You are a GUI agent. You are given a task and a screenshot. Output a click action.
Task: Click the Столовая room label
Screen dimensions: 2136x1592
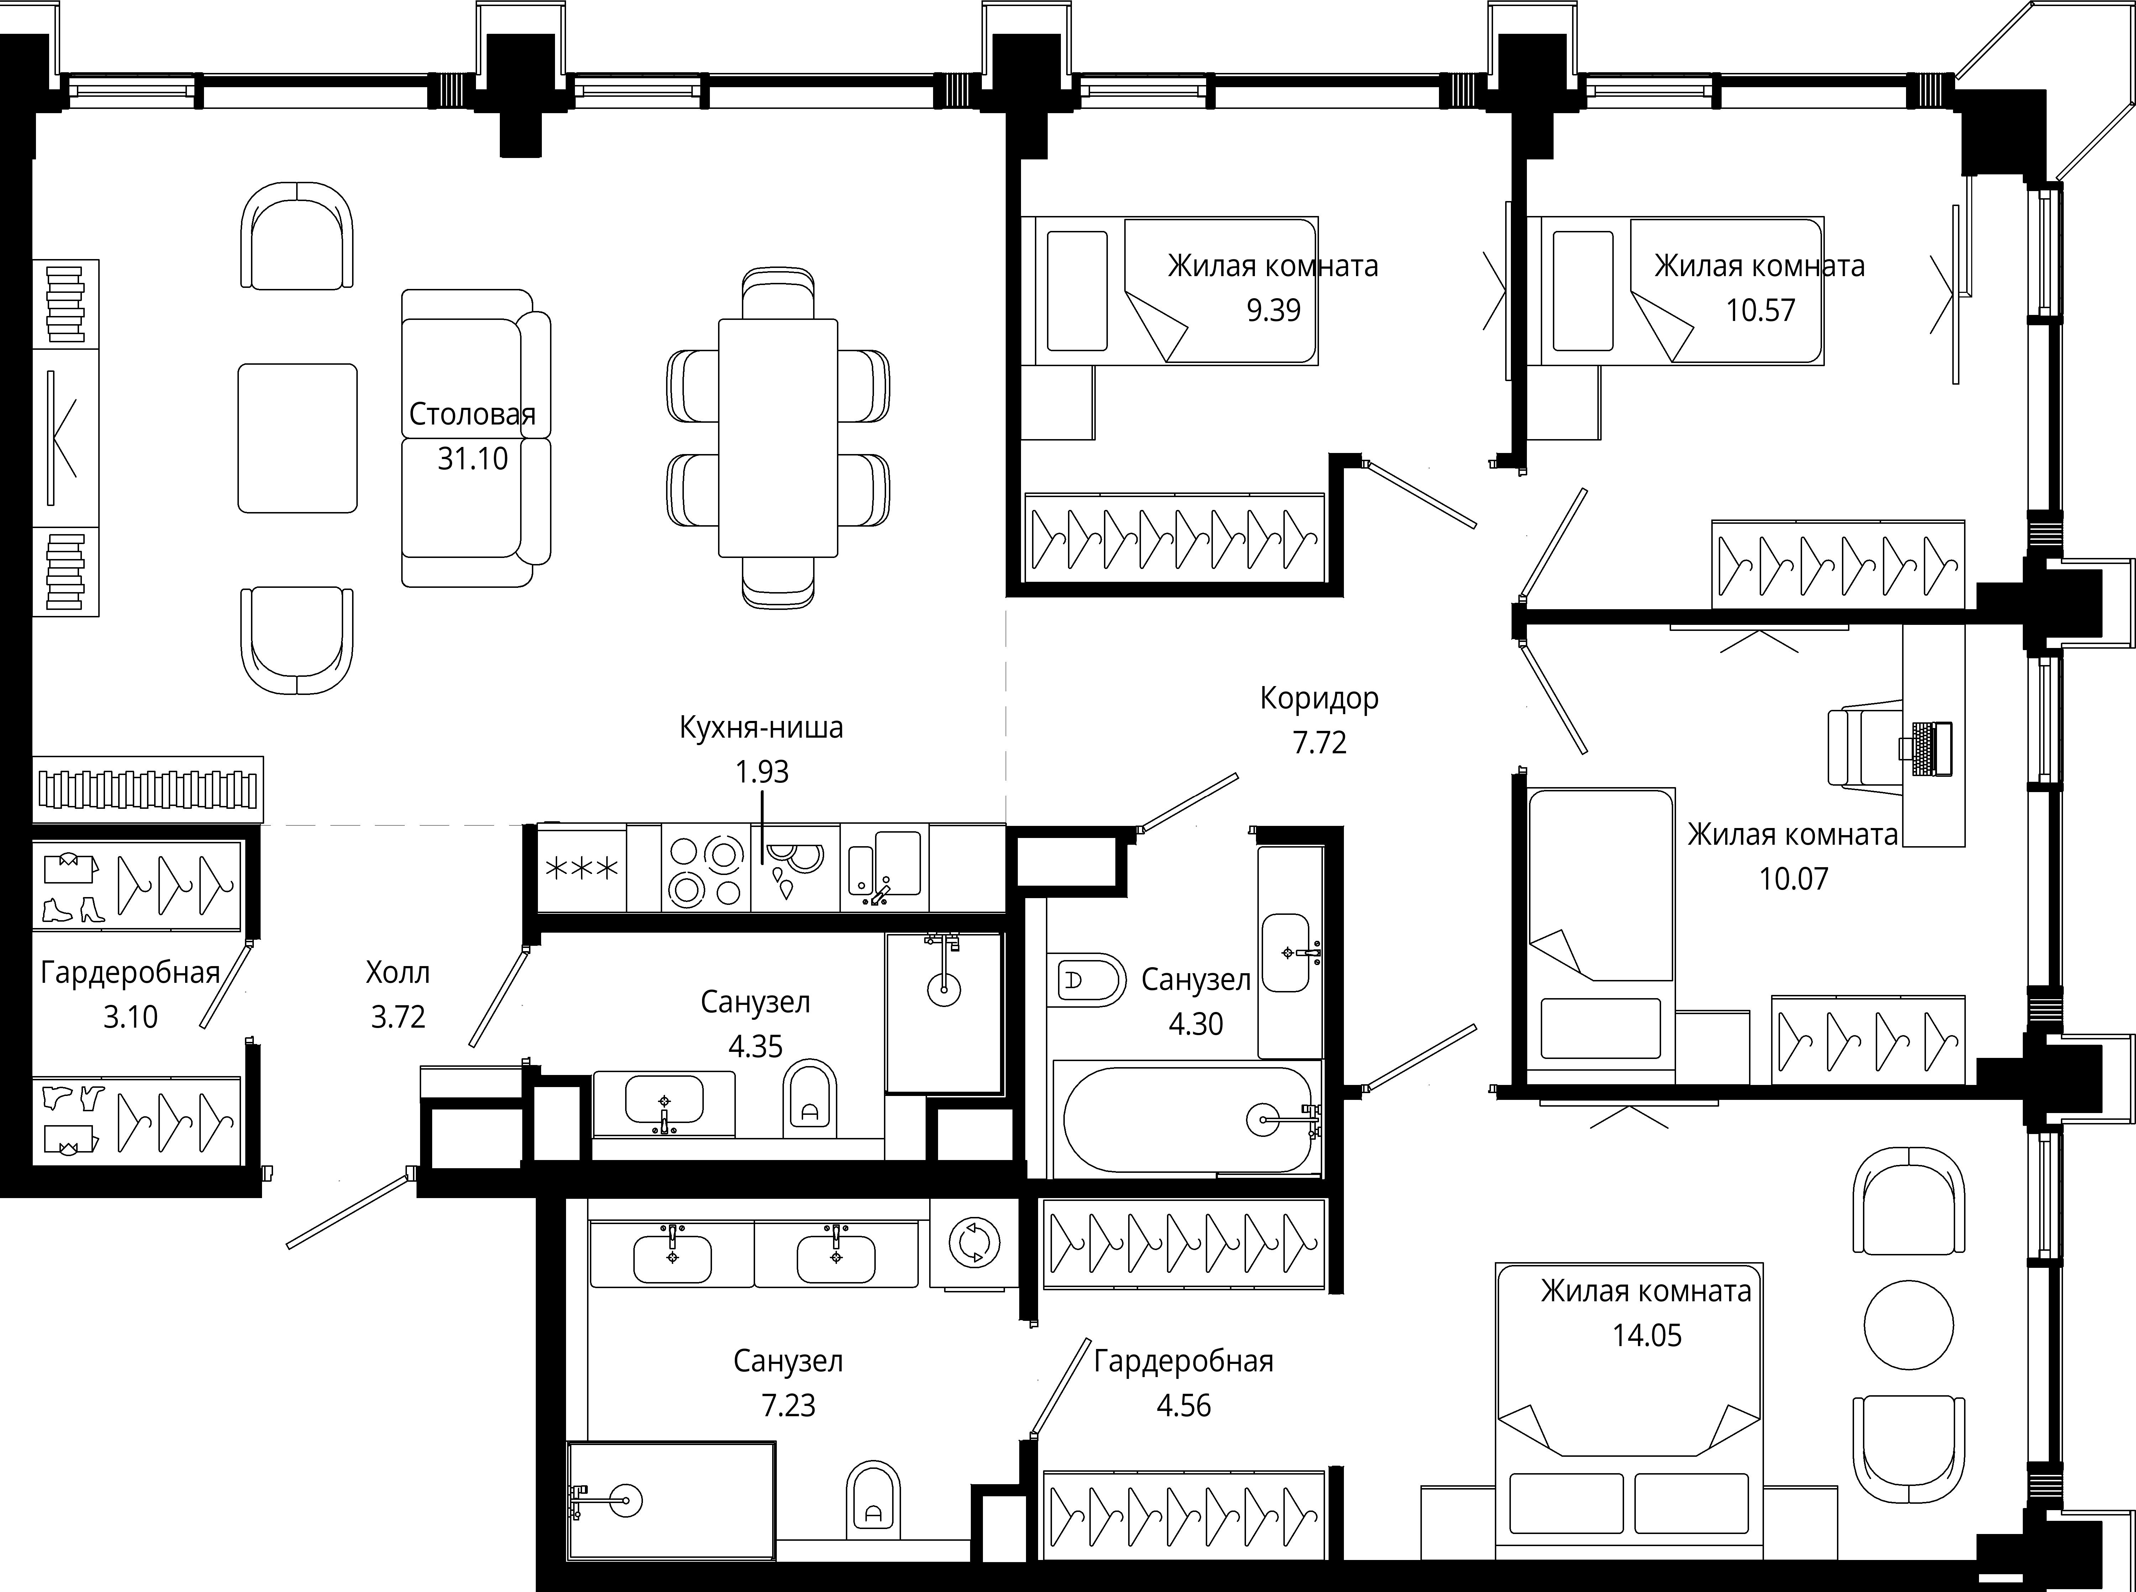point(472,415)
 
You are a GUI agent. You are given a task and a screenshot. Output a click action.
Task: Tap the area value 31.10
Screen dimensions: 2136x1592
point(472,459)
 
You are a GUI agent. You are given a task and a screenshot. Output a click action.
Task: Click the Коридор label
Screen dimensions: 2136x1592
point(1319,698)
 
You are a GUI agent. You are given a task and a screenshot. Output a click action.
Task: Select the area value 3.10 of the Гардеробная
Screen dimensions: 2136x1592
point(130,1017)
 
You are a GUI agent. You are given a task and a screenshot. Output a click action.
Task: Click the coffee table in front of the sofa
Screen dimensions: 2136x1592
point(298,438)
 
